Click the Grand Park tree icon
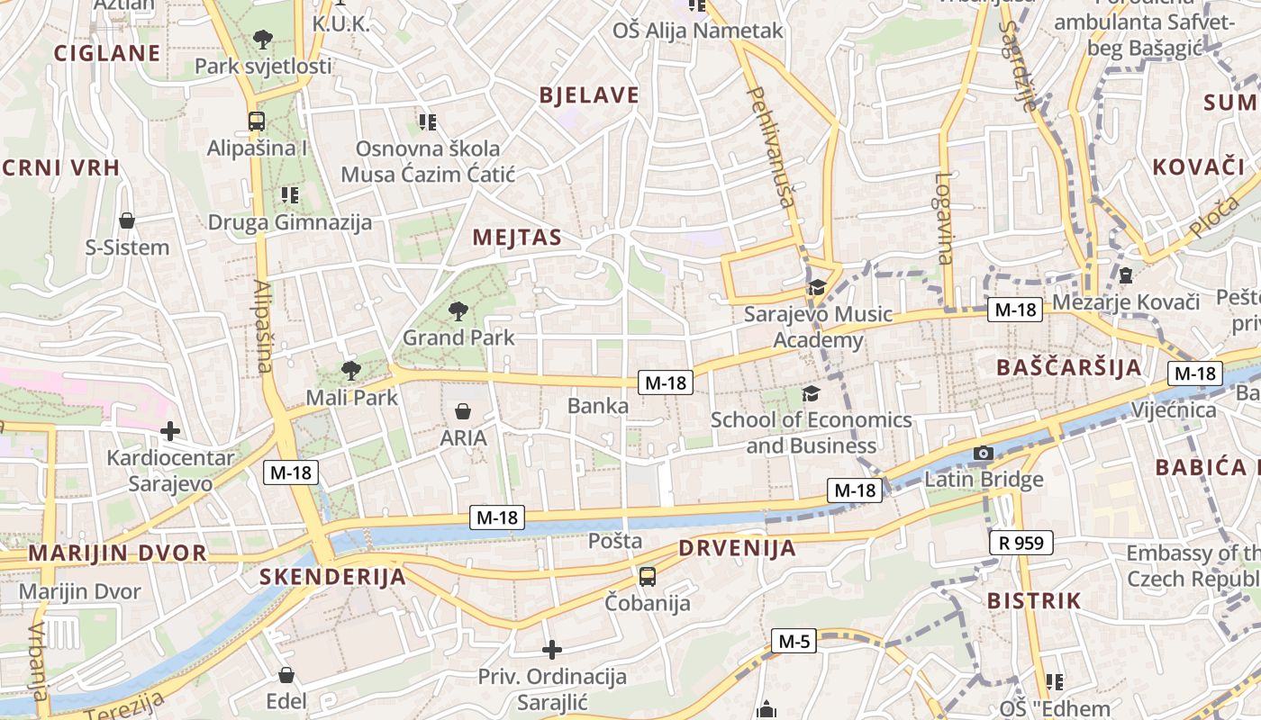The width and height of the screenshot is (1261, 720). (x=458, y=311)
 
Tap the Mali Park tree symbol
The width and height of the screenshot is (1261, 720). (x=350, y=370)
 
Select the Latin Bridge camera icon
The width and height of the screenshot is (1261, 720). (x=984, y=453)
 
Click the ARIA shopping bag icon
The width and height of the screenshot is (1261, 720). (x=463, y=411)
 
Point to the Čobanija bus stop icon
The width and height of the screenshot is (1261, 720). (x=647, y=576)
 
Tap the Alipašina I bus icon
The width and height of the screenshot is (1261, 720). (x=257, y=121)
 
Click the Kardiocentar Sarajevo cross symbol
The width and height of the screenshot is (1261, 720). (x=169, y=431)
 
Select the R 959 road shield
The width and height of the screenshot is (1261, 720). (x=1021, y=543)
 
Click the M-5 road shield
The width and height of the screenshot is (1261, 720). (x=794, y=642)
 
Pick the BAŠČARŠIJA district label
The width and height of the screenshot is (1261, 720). (x=1069, y=367)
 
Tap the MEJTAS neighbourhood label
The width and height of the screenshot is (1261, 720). (x=517, y=238)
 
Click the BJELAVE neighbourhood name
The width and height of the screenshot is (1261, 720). (x=589, y=95)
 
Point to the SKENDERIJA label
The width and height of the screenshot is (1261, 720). (x=332, y=577)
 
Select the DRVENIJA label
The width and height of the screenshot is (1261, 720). (x=737, y=548)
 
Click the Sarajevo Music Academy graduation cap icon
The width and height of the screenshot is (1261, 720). (x=817, y=287)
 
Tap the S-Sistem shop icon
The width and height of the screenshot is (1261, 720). (x=127, y=220)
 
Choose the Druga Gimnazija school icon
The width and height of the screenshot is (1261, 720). (x=289, y=194)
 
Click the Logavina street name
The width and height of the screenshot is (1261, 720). (x=944, y=218)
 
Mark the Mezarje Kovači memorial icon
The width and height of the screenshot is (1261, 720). (x=1125, y=275)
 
